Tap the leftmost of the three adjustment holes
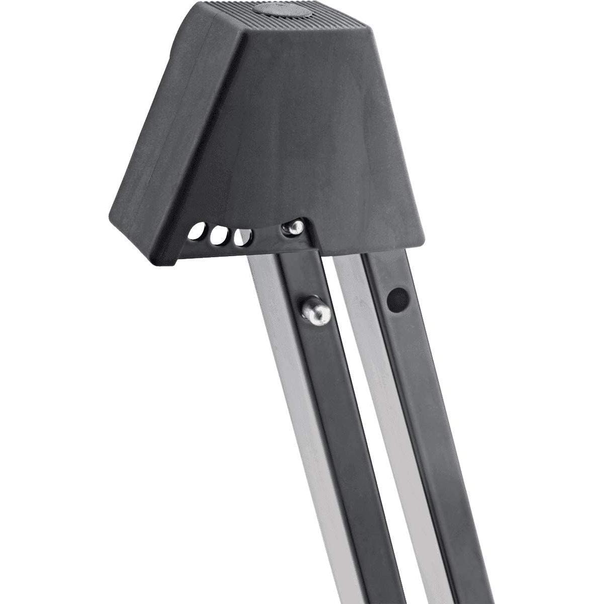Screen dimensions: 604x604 point(193,232)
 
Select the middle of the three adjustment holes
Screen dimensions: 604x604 point(217,236)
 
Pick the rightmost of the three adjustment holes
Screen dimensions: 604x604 point(243,237)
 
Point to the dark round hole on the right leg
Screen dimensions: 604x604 point(397,298)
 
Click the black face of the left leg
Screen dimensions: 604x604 point(337,428)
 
